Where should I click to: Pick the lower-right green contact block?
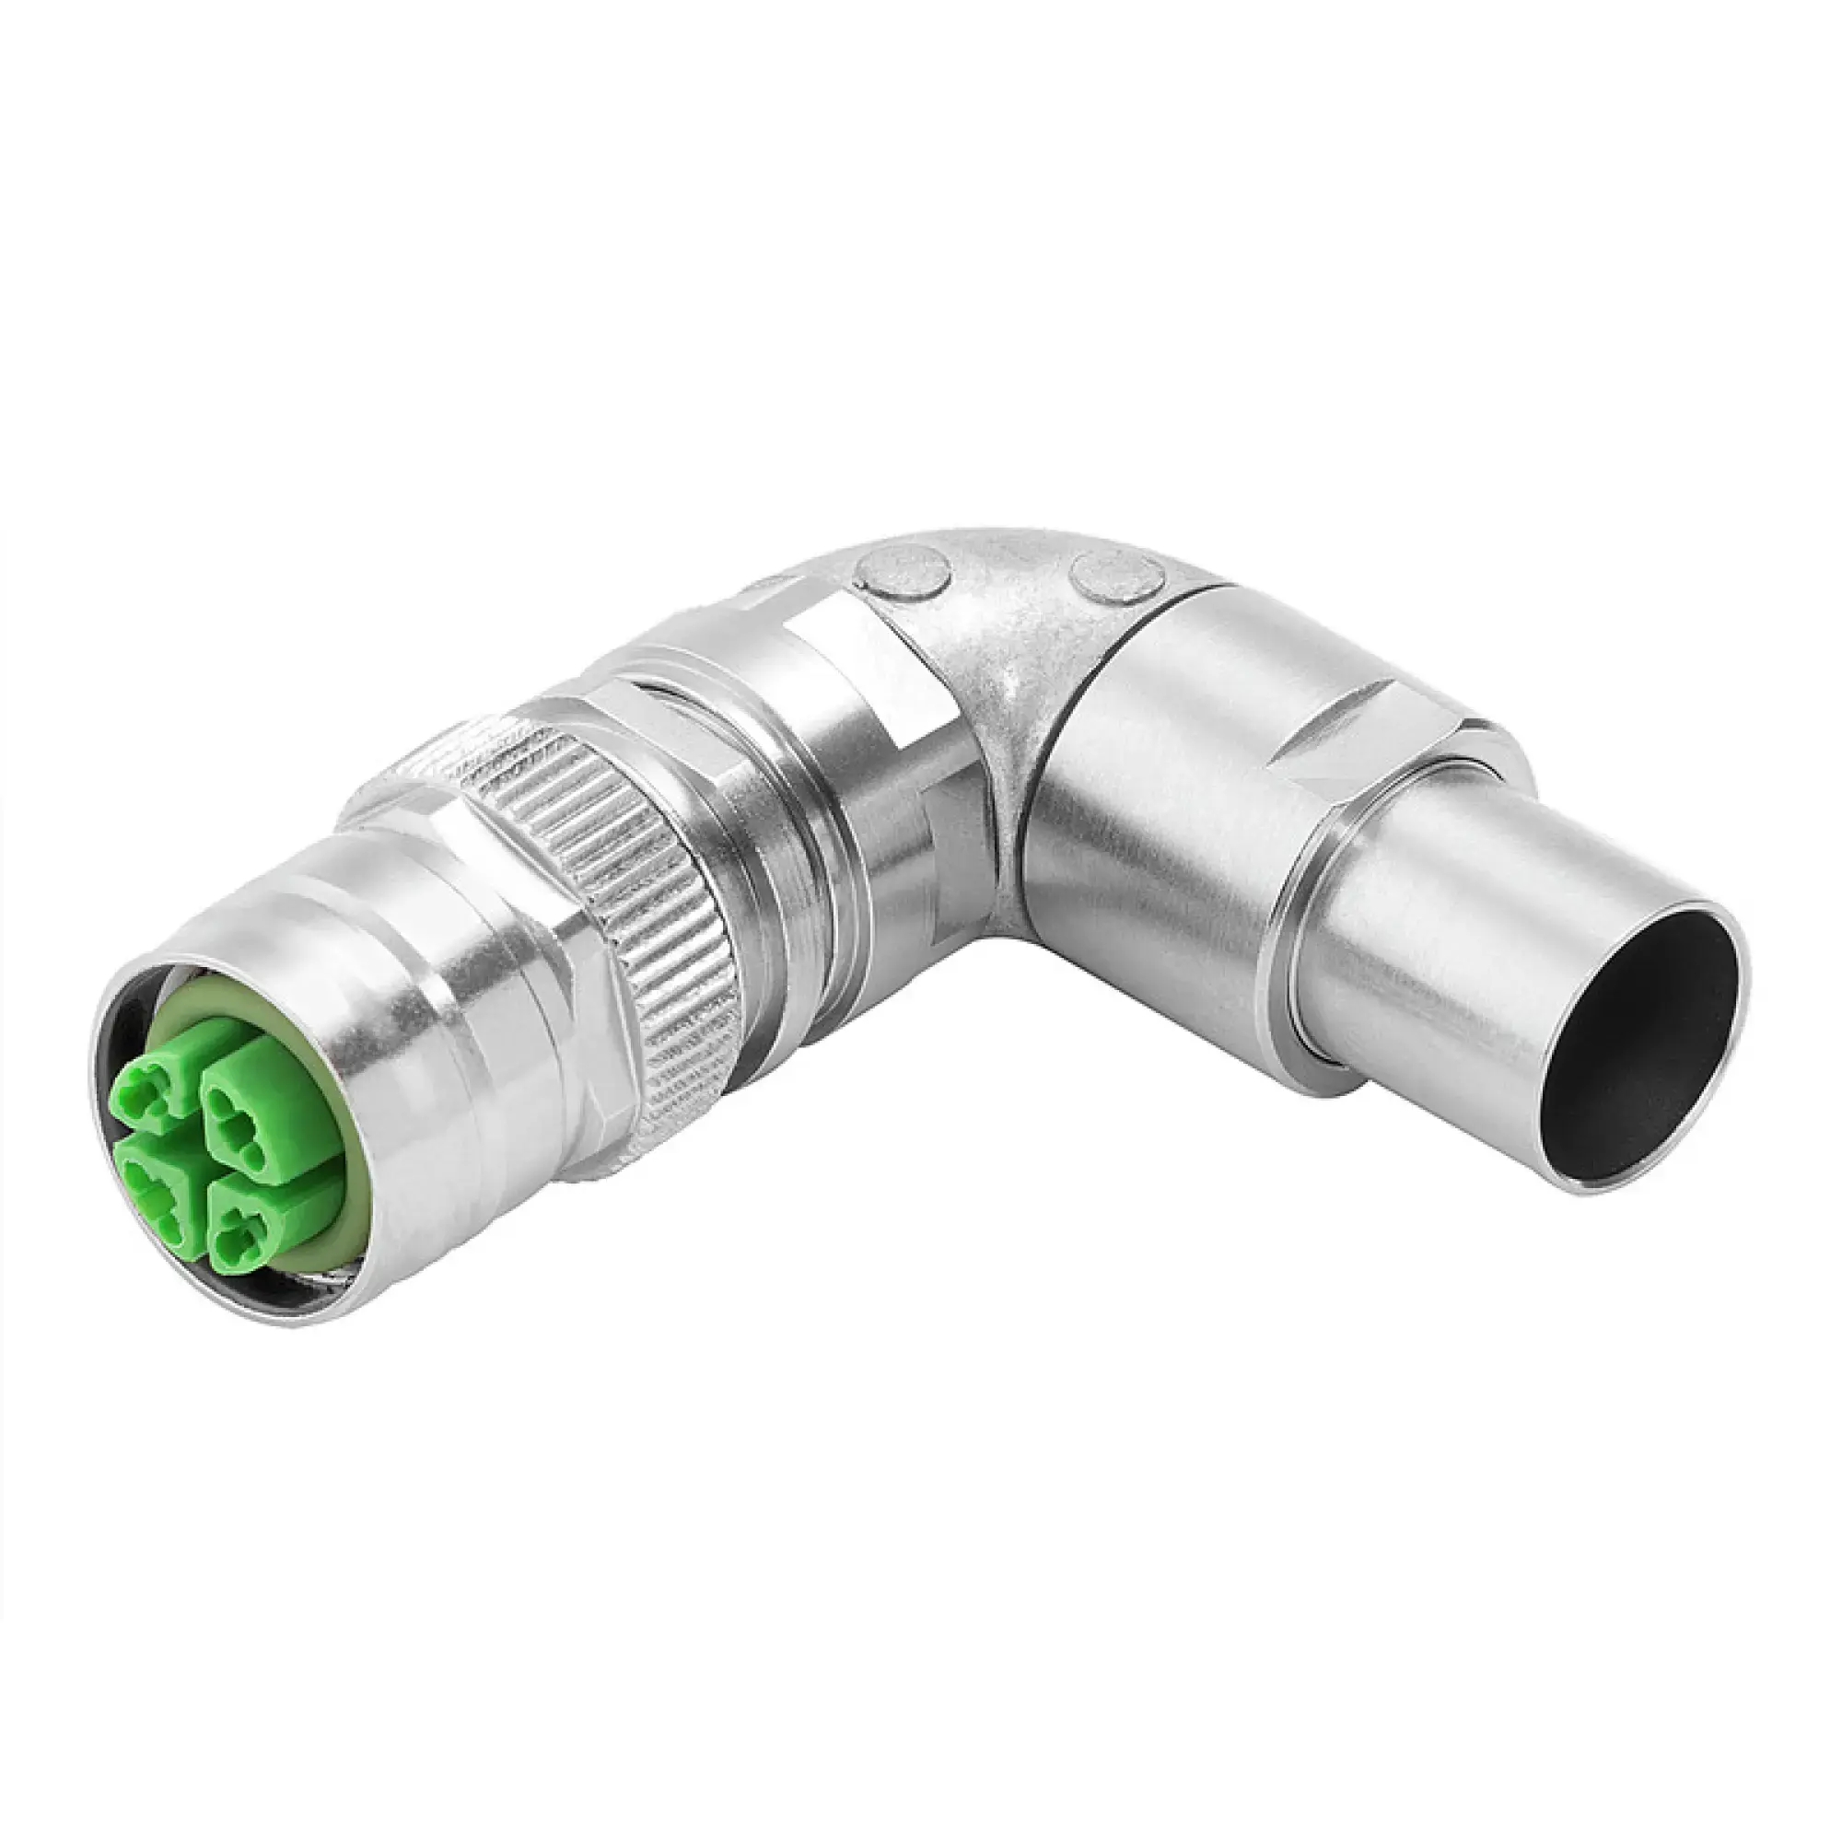tap(245, 1230)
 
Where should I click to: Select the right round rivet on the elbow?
tap(1116, 577)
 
